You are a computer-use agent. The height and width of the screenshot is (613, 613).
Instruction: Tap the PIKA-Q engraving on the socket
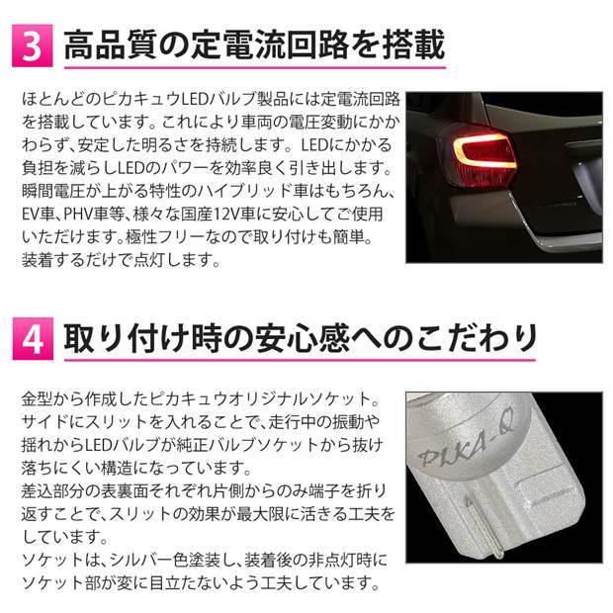coord(476,459)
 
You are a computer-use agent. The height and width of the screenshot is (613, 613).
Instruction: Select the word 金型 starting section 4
coord(36,397)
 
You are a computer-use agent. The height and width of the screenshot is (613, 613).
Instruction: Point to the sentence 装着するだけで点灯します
coord(114,258)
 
